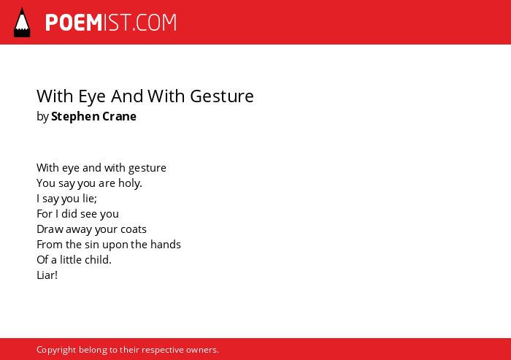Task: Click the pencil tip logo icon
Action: click(22, 23)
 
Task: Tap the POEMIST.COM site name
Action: click(111, 23)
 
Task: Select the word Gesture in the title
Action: click(222, 96)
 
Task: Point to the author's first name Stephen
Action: click(75, 117)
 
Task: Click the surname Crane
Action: click(119, 116)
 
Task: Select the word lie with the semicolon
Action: click(90, 199)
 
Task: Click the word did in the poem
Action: click(69, 214)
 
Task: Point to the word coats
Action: click(134, 229)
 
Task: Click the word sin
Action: click(92, 245)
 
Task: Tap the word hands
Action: click(166, 245)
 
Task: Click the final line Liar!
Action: click(47, 275)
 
